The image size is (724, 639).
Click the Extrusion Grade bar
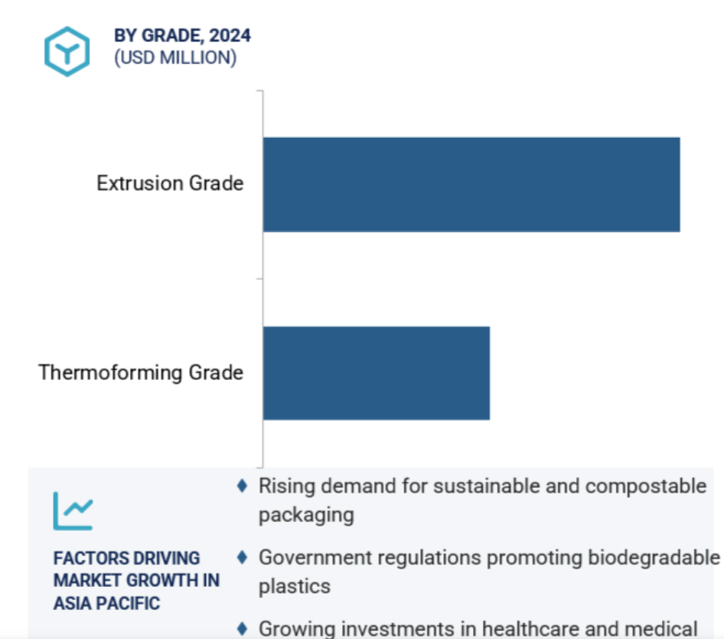tap(471, 185)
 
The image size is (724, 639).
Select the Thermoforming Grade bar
tap(377, 373)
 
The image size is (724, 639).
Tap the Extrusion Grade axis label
tap(170, 183)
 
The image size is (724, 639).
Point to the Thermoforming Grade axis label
tap(141, 372)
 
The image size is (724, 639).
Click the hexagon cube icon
tap(67, 51)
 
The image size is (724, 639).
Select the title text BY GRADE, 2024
tap(182, 35)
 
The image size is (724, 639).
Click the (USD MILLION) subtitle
tap(175, 57)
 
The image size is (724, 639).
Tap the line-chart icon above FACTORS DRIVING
tap(73, 511)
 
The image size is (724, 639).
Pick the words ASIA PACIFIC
tap(106, 604)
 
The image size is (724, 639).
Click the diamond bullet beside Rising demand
tap(242, 486)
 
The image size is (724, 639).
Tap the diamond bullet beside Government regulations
tap(242, 557)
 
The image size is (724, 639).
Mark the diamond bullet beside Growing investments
tap(242, 629)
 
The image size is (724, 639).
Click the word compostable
tap(646, 487)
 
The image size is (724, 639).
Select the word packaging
tap(307, 516)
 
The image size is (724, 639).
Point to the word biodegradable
tap(654, 558)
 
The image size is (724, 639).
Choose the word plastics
tap(295, 587)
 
